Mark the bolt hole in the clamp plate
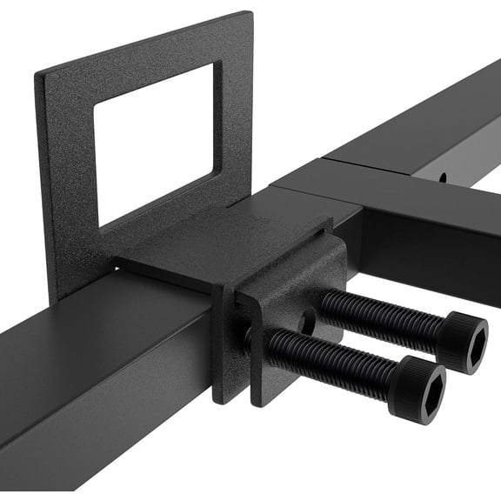click(x=307, y=320)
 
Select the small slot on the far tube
click(x=442, y=178)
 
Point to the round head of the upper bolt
click(x=461, y=341)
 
